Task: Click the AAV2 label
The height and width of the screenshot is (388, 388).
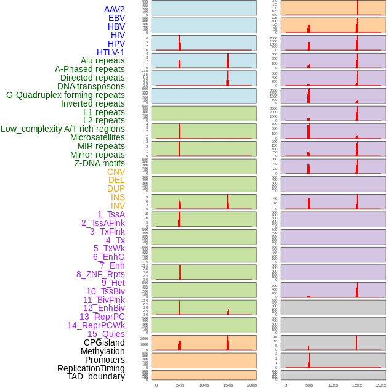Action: [x=114, y=9]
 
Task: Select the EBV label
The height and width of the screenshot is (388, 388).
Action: [x=116, y=18]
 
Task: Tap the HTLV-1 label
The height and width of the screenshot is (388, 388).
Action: [x=110, y=52]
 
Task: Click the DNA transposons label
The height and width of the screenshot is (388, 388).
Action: [x=91, y=86]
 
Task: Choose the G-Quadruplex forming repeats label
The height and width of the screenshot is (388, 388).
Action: [x=65, y=95]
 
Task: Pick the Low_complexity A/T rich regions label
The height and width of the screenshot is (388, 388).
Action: [x=63, y=129]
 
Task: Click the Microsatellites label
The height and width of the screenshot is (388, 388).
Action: [x=97, y=137]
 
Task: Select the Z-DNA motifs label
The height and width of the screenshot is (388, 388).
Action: [x=100, y=163]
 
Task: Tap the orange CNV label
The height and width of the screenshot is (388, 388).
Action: [x=116, y=172]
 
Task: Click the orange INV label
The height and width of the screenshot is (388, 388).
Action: [x=118, y=206]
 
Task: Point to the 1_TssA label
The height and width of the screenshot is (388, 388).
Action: [x=111, y=214]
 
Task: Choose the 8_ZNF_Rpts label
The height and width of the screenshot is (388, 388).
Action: [x=100, y=274]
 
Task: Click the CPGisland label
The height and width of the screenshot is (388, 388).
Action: [x=104, y=342]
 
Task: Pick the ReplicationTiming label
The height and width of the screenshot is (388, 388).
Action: [x=91, y=368]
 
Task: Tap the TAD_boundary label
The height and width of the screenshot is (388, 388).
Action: [x=96, y=376]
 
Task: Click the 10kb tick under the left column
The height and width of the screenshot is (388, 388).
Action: [x=204, y=385]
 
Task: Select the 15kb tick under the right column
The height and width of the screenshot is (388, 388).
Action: [x=357, y=385]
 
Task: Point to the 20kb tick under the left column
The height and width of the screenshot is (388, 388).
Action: [x=252, y=385]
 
